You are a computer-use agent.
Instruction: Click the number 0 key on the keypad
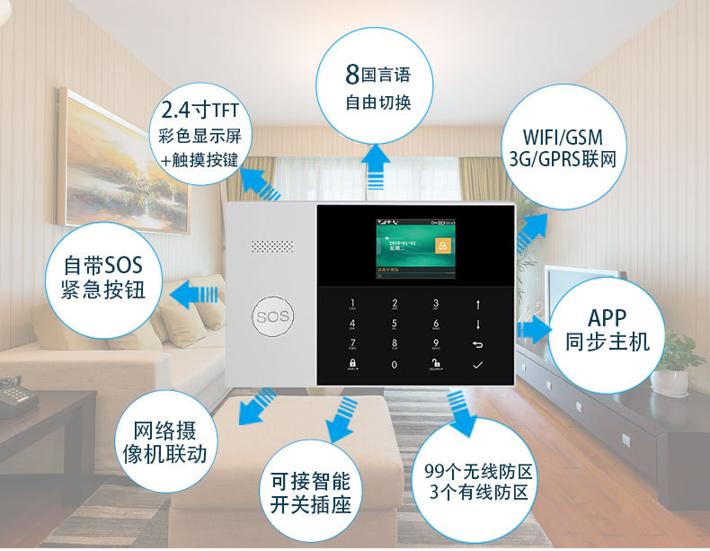(x=394, y=365)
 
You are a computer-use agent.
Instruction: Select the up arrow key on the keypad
(x=477, y=304)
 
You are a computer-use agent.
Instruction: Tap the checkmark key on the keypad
(x=477, y=365)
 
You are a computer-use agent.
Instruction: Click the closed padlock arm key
(x=352, y=365)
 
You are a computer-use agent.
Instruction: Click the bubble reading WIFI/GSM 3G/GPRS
(x=561, y=149)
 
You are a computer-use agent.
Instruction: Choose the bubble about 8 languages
(x=377, y=85)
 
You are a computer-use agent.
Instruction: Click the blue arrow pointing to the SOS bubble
(x=197, y=293)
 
